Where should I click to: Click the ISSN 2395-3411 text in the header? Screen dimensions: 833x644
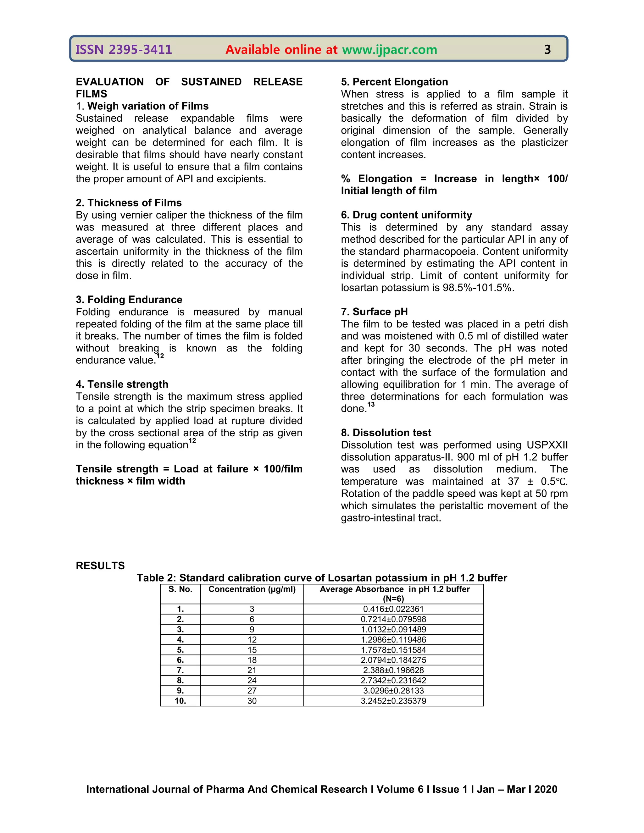pyautogui.click(x=124, y=50)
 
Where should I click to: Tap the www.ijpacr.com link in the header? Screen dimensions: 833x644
pyautogui.click(x=389, y=50)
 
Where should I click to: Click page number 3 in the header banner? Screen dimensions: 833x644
pyautogui.click(x=547, y=50)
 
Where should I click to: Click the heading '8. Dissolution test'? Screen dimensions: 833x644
pyautogui.click(x=386, y=433)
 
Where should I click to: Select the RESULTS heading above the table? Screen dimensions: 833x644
pyautogui.click(x=100, y=565)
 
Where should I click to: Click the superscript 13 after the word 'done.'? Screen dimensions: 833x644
pyautogui.click(x=371, y=404)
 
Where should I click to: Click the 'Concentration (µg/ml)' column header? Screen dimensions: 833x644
pyautogui.click(x=252, y=589)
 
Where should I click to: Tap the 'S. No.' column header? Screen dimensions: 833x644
pyautogui.click(x=180, y=589)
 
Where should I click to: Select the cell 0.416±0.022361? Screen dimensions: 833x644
pyautogui.click(x=393, y=609)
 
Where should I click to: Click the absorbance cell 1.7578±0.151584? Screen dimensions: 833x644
pyautogui.click(x=393, y=650)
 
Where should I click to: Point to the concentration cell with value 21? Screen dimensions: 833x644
pyautogui.click(x=252, y=670)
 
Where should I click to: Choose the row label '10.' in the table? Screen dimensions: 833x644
pyautogui.click(x=180, y=701)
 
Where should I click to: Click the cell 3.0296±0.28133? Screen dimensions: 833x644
pyautogui.click(x=393, y=690)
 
